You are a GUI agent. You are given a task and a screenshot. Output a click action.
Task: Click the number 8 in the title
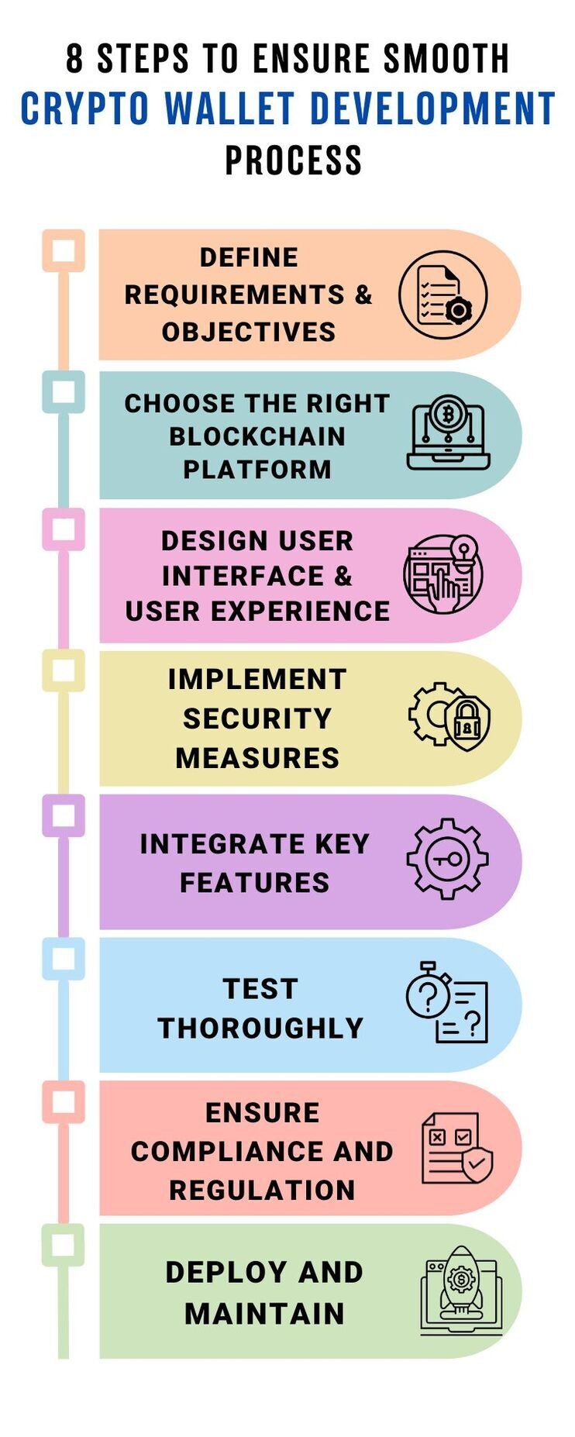(74, 58)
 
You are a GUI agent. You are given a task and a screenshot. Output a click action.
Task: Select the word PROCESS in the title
(294, 160)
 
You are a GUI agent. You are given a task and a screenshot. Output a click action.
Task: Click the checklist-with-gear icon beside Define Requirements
(443, 295)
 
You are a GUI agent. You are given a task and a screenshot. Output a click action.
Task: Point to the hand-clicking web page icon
(443, 574)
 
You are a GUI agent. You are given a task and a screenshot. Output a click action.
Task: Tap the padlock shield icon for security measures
(449, 716)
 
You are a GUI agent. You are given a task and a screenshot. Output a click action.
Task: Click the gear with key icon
(448, 859)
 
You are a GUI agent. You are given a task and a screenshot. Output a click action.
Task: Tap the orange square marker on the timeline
(64, 250)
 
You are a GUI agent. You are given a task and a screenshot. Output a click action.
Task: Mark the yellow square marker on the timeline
(64, 671)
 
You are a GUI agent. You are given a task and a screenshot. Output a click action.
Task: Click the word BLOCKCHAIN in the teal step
(257, 436)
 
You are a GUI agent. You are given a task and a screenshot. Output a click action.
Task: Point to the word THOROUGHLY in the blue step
(261, 1028)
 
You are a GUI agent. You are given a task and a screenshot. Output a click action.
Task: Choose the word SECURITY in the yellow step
(257, 718)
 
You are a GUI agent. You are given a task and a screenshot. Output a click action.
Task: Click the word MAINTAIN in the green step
(265, 1314)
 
